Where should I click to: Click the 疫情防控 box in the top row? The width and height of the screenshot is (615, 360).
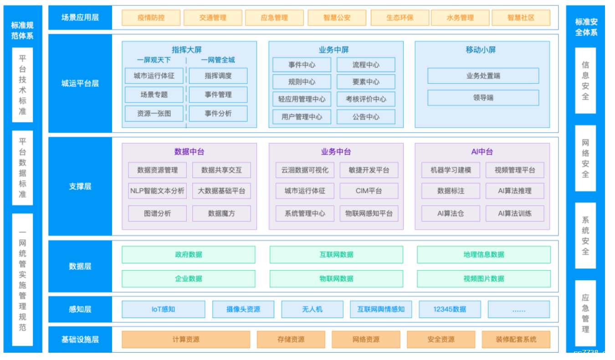151,18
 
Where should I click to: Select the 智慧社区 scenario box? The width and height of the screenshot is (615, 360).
521,18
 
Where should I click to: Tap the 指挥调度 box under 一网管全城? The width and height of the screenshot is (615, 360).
218,76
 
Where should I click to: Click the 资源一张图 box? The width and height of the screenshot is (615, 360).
154,113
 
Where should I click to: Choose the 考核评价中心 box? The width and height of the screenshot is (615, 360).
366,99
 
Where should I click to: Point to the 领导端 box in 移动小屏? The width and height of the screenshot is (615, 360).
483,98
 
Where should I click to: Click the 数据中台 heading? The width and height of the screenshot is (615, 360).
189,152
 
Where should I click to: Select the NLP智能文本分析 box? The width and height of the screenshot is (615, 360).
157,191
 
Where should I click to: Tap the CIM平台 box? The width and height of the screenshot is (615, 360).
369,191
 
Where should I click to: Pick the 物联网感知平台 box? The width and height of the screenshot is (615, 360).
369,213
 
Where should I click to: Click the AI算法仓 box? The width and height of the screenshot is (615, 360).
451,213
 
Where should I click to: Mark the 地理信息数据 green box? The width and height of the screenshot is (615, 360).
484,255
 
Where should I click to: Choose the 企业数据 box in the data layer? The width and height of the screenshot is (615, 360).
188,278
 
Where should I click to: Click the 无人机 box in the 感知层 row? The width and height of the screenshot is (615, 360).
312,309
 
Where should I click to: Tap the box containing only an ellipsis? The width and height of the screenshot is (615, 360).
518,309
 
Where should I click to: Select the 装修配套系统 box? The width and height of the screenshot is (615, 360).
516,339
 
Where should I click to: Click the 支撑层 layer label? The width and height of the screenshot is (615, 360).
80,186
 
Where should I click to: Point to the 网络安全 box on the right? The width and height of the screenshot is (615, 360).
585,158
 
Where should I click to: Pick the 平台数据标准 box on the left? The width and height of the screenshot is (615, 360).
22,168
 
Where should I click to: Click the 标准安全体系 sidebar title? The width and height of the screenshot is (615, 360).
586,27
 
